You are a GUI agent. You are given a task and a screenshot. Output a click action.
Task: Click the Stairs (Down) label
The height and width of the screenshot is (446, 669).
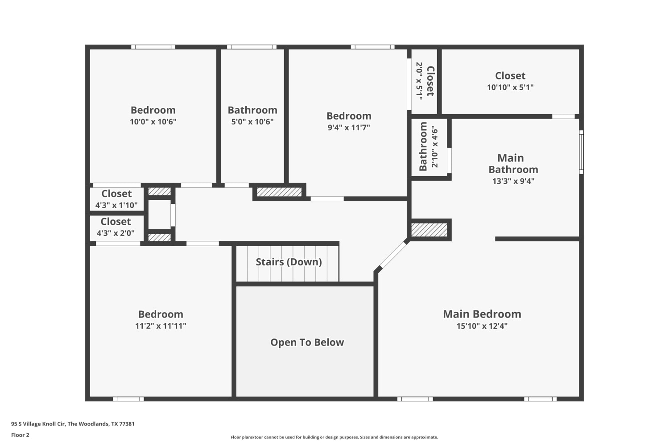click(289, 262)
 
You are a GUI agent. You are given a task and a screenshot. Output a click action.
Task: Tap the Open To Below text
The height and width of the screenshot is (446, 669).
click(307, 343)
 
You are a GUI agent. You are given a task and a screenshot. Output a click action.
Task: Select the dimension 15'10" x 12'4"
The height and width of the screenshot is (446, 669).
click(482, 326)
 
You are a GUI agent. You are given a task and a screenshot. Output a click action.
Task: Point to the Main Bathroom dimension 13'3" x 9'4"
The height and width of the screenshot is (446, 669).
click(513, 181)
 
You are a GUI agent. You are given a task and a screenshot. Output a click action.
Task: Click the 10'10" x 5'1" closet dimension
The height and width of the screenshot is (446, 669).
click(510, 87)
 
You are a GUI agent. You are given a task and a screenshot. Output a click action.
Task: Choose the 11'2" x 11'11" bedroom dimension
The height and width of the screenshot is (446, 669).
click(161, 326)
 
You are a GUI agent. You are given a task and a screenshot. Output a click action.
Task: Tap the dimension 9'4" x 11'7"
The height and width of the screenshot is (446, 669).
click(349, 128)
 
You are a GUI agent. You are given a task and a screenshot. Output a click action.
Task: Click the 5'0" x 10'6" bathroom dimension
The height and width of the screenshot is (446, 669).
click(252, 122)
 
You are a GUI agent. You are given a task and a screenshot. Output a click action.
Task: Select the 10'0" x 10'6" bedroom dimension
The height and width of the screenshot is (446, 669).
click(153, 122)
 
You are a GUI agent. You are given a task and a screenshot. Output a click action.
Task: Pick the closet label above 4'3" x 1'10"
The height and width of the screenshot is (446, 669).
click(116, 194)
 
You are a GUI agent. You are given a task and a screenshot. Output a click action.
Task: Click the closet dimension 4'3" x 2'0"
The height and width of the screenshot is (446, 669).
click(116, 233)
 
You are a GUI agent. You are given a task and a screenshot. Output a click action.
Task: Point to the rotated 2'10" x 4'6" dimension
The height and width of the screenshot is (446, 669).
click(434, 148)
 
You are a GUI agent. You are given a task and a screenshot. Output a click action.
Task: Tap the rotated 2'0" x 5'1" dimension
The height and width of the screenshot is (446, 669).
click(419, 81)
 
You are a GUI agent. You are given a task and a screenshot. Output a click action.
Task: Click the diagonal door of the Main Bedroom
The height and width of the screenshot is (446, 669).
click(393, 255)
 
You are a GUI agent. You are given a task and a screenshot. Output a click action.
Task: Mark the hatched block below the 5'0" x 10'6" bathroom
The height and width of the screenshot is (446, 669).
click(279, 192)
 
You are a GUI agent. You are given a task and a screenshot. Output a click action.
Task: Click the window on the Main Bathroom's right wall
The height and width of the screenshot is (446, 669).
click(581, 152)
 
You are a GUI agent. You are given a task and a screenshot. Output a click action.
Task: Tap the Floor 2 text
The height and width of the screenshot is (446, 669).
click(21, 435)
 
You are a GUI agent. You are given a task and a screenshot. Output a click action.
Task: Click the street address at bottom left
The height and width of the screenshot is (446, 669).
click(73, 424)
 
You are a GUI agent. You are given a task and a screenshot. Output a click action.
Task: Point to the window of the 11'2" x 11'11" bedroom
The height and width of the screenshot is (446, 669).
click(128, 399)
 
